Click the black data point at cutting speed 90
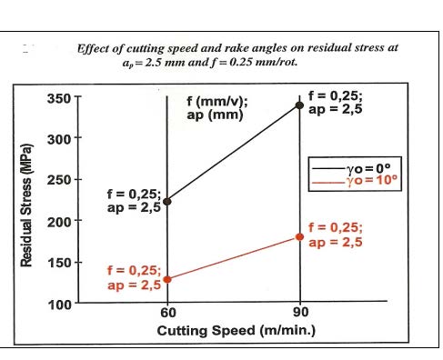coord(299,105)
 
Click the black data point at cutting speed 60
coord(167,202)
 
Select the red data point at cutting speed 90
coord(299,237)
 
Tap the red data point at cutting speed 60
coord(167,279)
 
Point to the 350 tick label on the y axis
coord(59,98)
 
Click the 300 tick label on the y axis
coord(59,139)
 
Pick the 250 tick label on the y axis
coord(59,180)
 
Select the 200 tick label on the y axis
coord(59,222)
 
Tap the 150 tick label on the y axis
coord(59,263)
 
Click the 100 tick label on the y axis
coord(59,305)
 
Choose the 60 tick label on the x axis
coord(168,313)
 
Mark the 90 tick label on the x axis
coord(301,312)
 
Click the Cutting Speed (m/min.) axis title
coord(237,331)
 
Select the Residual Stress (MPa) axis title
coord(26,205)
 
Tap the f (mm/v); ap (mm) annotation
coord(217,108)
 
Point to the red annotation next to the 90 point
coord(336,235)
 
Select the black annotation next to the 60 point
coord(134,201)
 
